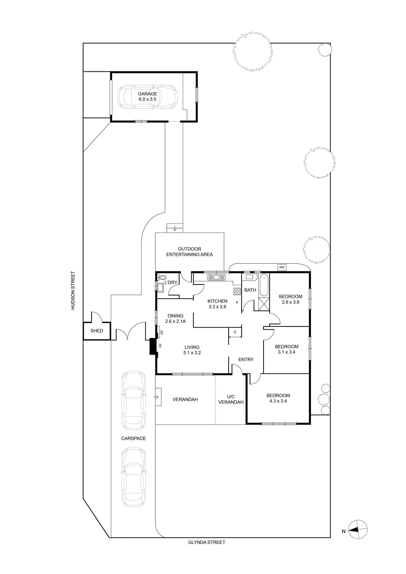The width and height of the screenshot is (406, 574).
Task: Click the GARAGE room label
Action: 148,94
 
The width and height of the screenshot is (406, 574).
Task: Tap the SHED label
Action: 97,331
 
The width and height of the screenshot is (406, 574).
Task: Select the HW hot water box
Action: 282,267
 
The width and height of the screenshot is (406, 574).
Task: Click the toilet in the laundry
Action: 162,277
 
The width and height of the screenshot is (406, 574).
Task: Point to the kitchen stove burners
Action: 237,291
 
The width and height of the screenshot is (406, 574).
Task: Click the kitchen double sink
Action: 216,277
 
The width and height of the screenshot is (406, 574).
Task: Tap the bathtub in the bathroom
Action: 264,285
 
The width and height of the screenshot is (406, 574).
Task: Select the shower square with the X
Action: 264,305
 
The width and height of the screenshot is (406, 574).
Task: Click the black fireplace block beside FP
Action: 153,347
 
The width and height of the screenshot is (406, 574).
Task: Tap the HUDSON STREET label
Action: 73,291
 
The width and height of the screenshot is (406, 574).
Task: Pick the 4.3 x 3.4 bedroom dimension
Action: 278,401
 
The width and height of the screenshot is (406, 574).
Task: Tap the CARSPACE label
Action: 134,438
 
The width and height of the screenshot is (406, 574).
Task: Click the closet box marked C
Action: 235,332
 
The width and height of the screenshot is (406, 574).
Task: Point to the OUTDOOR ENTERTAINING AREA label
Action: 190,251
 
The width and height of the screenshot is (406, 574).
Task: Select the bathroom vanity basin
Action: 249,277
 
